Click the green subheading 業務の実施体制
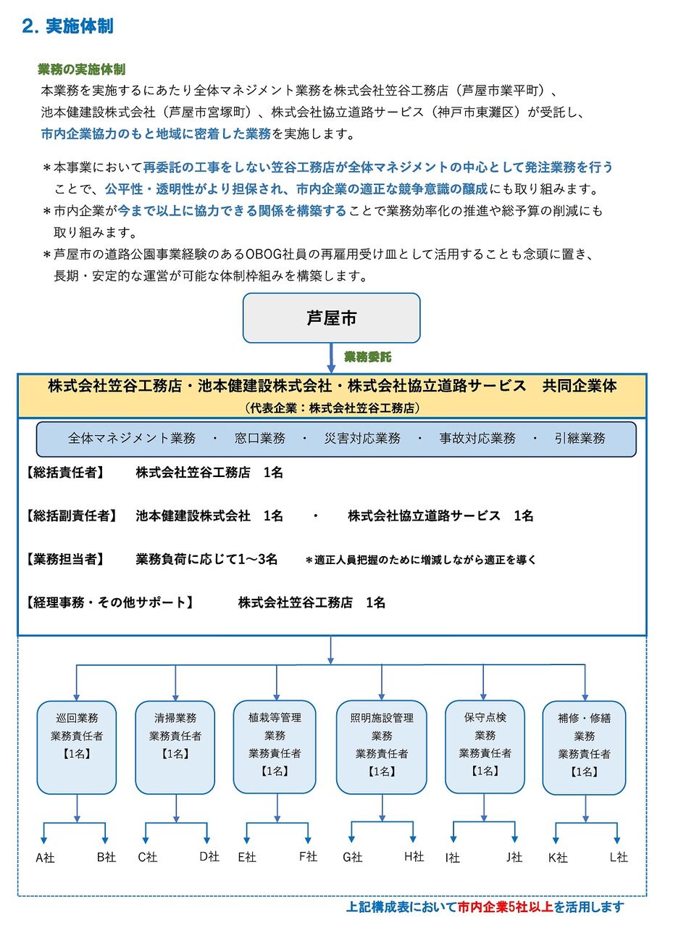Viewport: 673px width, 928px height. click(81, 70)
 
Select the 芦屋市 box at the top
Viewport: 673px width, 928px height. click(331, 318)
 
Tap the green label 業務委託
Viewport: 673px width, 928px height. click(367, 357)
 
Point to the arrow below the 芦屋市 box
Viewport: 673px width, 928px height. click(331, 357)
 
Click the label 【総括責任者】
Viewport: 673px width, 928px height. click(65, 473)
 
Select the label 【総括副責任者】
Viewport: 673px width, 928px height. click(71, 515)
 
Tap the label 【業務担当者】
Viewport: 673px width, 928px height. click(65, 559)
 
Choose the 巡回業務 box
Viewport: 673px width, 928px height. click(76, 747)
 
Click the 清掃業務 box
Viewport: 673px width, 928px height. click(175, 747)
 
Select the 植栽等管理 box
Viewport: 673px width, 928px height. click(275, 747)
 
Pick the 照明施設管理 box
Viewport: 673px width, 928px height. click(381, 747)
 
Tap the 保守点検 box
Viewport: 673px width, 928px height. click(484, 747)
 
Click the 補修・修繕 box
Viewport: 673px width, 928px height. click(584, 747)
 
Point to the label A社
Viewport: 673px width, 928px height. click(45, 858)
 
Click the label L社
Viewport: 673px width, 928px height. click(618, 857)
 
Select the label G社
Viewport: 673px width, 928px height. click(352, 857)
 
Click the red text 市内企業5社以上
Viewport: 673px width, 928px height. click(506, 906)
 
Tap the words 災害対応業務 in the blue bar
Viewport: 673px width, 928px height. click(362, 439)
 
